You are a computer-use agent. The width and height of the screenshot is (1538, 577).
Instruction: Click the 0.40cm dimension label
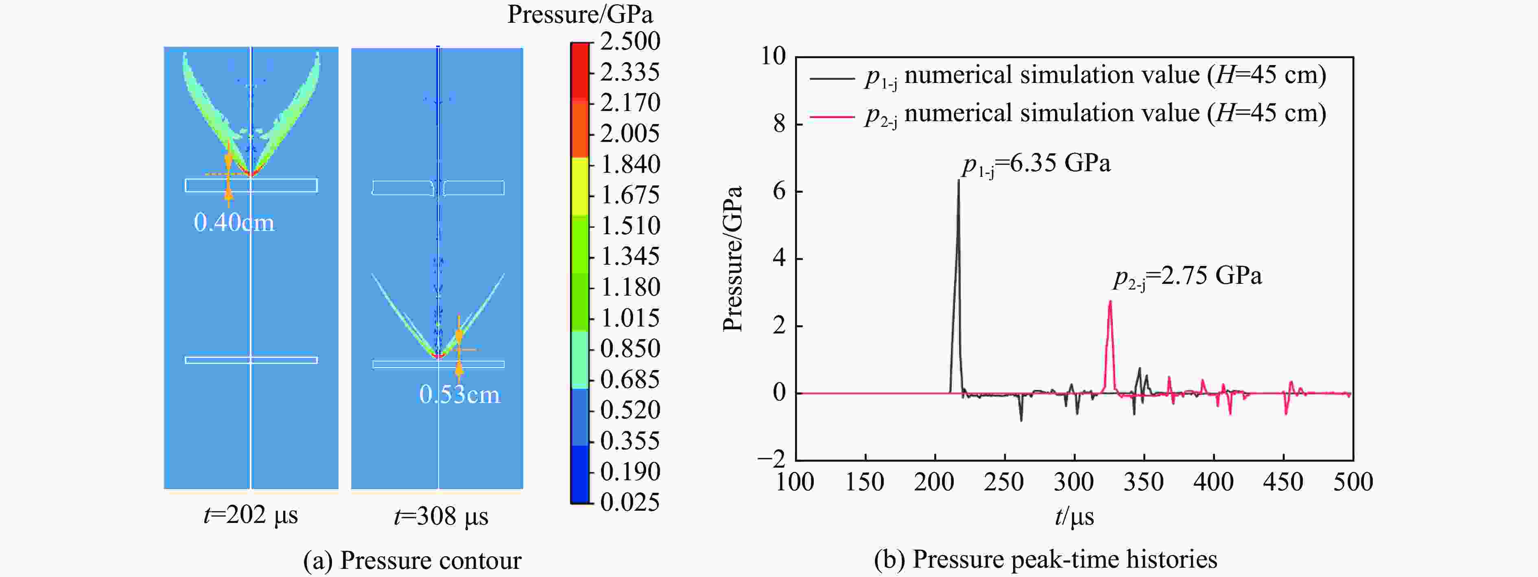234,222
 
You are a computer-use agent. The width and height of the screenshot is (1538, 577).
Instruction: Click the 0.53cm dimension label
459,394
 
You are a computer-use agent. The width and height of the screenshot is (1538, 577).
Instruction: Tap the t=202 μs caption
250,514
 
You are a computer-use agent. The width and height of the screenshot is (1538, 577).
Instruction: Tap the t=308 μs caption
441,516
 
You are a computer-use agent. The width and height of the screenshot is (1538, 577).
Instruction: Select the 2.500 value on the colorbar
630,41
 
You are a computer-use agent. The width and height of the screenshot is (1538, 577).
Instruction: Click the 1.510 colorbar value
630,226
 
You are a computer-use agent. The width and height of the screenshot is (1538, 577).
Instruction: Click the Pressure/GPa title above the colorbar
580,14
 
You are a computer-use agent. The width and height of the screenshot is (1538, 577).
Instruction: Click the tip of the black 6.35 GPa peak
959,180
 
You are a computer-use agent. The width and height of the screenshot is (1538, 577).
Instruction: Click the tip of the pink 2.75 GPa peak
1110,301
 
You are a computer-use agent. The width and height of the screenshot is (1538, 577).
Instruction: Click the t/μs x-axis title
1074,516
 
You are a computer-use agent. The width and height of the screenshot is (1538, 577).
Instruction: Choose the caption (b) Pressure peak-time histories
1045,559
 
